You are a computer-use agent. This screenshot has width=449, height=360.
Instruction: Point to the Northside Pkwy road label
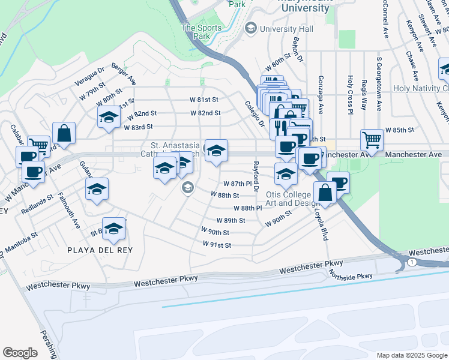point(351,275)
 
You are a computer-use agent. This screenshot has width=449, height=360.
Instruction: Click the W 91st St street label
point(217,245)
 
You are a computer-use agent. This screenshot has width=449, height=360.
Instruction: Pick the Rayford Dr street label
point(256,176)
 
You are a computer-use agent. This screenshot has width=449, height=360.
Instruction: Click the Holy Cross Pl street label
point(350,93)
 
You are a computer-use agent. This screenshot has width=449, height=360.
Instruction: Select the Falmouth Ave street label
point(68,211)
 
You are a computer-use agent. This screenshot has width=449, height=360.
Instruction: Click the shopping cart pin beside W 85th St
point(372,139)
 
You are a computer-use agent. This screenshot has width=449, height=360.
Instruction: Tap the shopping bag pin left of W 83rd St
point(64,133)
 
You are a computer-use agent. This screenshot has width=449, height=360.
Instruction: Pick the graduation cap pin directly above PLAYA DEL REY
point(113,227)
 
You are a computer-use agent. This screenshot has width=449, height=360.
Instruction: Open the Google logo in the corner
point(20,352)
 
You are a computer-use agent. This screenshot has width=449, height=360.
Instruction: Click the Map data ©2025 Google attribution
point(411,355)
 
